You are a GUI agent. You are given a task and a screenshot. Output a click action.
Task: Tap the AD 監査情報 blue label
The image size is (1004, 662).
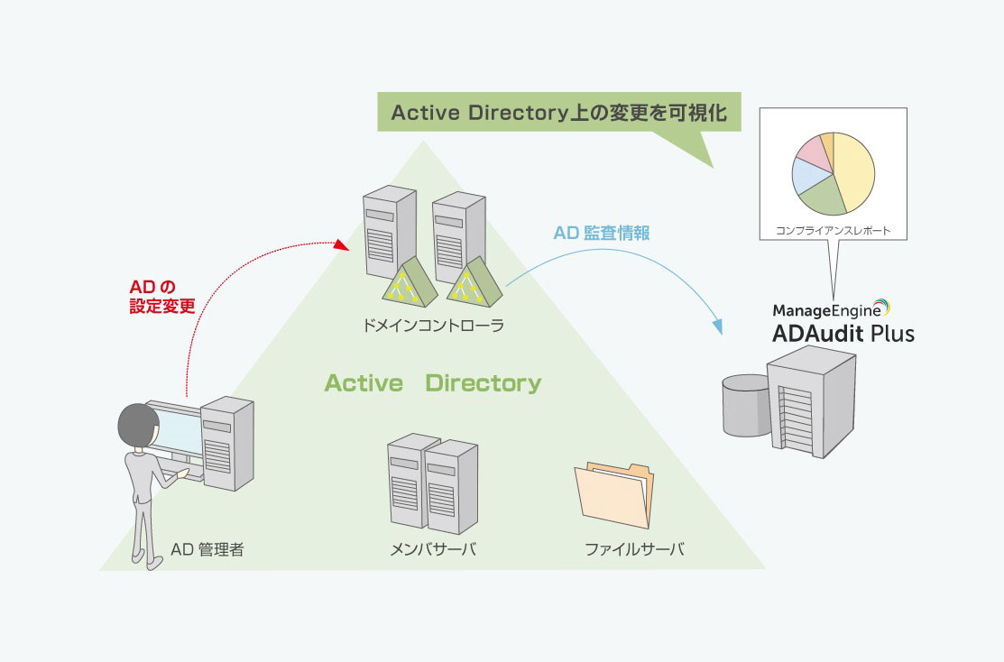[x=602, y=232]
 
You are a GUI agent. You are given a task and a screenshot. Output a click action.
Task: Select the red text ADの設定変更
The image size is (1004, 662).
[x=162, y=296]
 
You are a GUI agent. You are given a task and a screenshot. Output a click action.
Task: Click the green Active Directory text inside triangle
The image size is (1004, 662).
[x=433, y=383]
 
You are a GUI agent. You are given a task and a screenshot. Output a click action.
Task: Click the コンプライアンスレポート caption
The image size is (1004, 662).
[x=833, y=231]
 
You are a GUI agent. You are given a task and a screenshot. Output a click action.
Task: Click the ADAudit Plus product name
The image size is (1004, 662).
[x=843, y=334]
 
